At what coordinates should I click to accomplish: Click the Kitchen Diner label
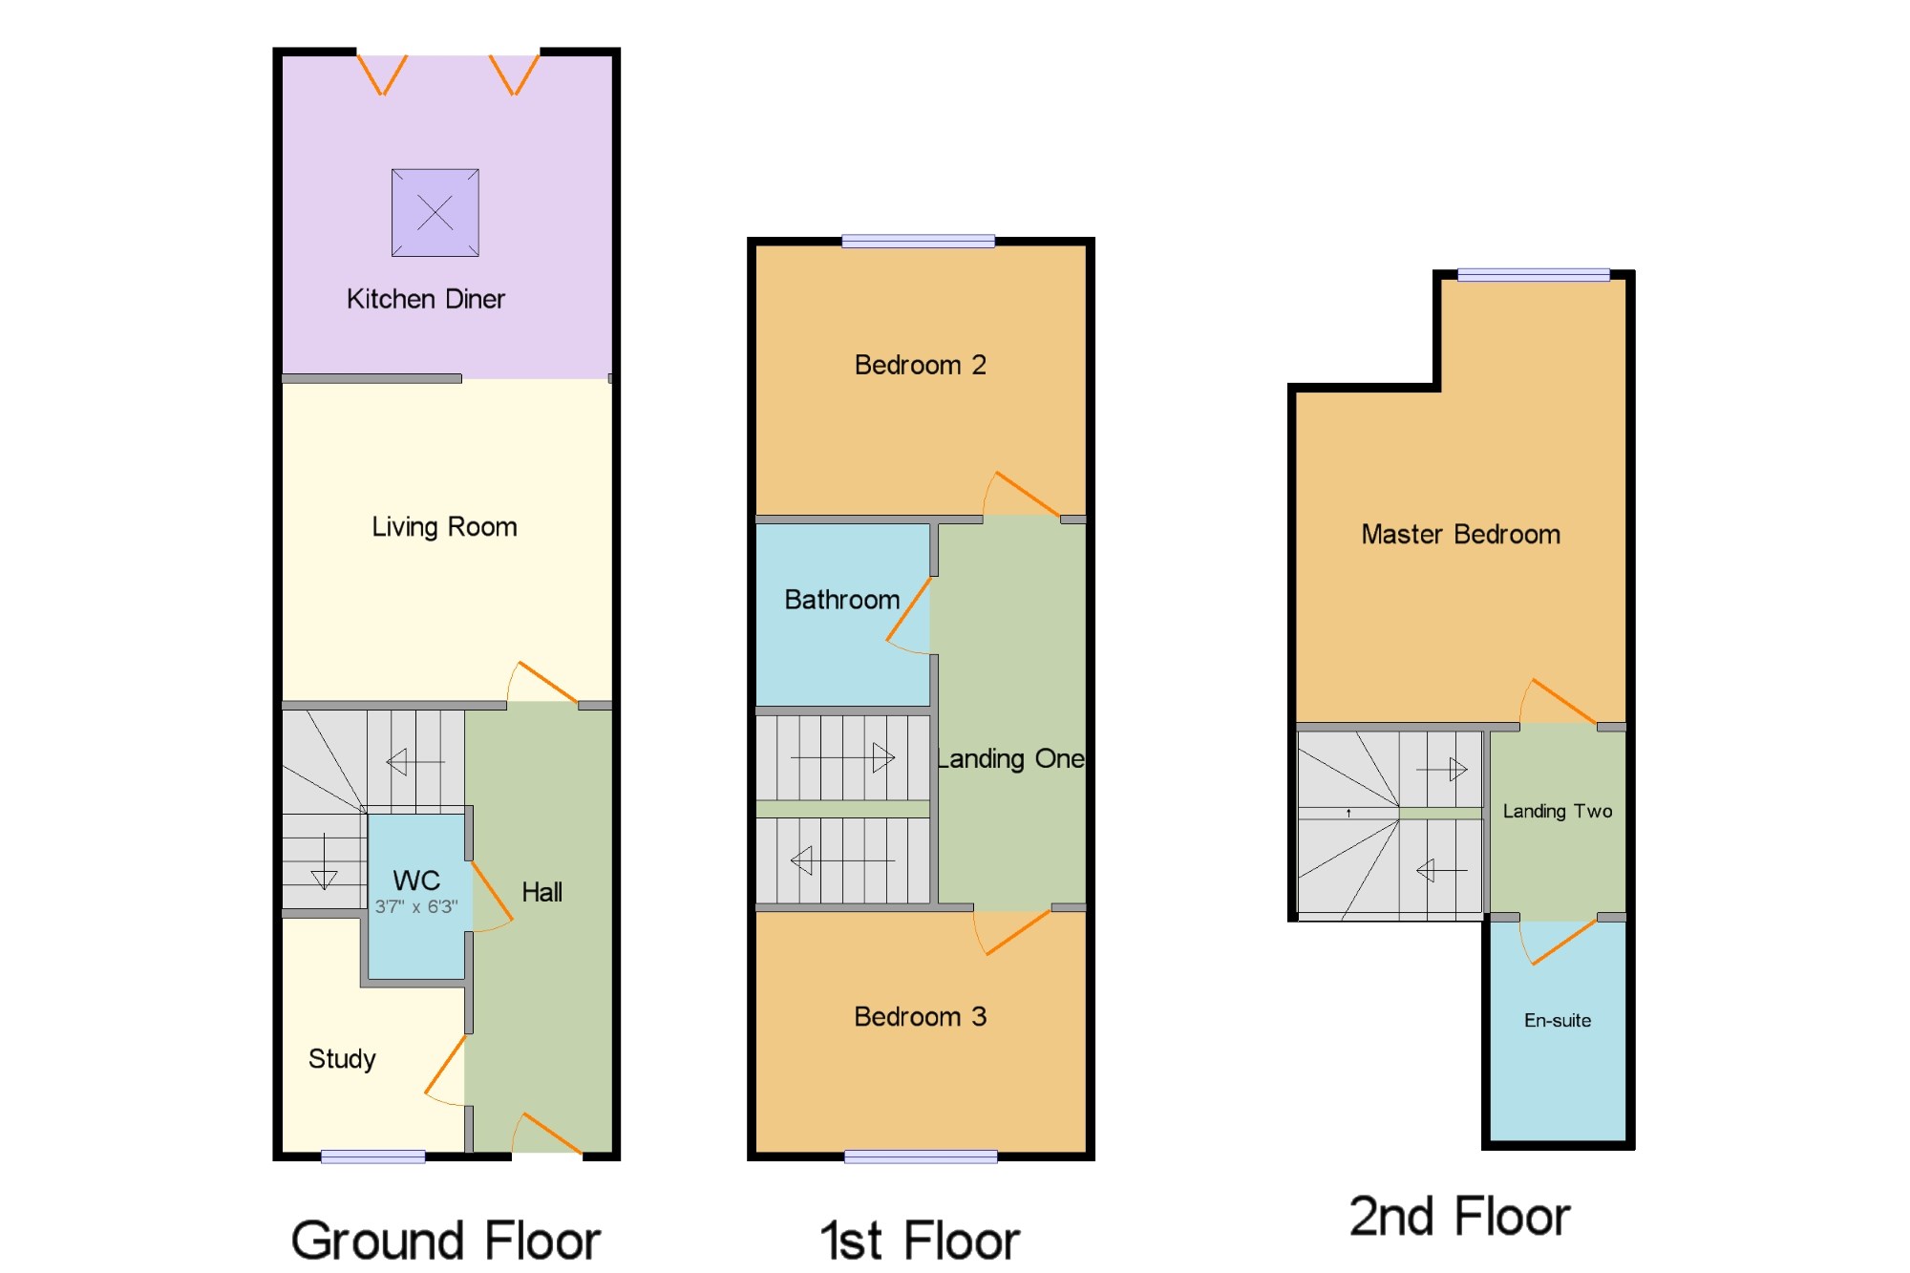(426, 299)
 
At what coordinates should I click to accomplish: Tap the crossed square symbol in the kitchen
(435, 213)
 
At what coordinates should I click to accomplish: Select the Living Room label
(444, 527)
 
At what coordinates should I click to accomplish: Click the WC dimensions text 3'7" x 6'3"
(416, 906)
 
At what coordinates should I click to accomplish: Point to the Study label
(342, 1059)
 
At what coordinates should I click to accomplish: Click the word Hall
(541, 892)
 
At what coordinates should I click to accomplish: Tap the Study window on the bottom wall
(373, 1156)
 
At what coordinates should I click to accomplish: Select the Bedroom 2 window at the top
(918, 242)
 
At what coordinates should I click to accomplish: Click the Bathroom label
(842, 600)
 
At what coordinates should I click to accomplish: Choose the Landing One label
(1010, 759)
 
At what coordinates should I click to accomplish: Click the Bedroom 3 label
(921, 1016)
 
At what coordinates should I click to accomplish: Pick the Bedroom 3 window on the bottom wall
(921, 1156)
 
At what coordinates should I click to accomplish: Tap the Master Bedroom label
(1461, 534)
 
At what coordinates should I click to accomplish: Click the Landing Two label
(1558, 811)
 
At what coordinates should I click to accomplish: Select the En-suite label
(1558, 1020)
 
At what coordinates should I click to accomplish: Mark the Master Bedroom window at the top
(1534, 275)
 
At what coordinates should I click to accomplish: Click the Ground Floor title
(446, 1241)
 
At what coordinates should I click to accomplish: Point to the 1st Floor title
(920, 1241)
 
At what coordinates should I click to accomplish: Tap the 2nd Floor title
(1459, 1217)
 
